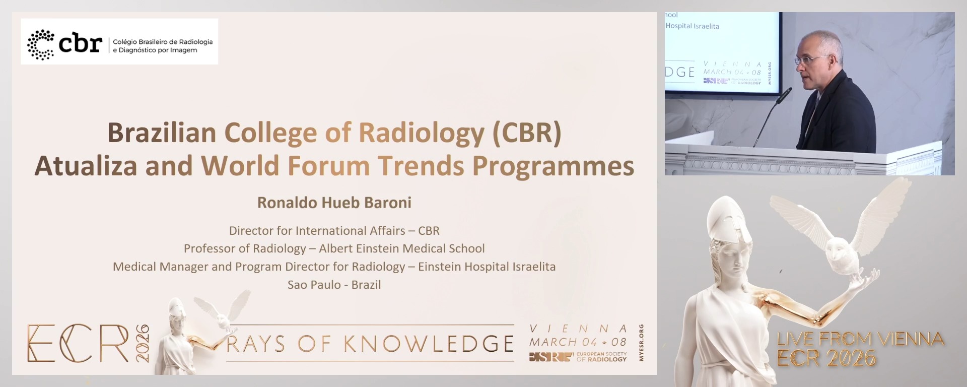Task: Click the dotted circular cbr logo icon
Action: click(40, 45)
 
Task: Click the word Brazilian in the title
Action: click(162, 133)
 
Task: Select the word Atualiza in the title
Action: click(86, 166)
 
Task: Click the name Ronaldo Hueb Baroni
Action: click(334, 203)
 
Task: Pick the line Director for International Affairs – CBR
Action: click(334, 231)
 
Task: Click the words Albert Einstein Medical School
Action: click(401, 248)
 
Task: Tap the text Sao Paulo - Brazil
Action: click(334, 285)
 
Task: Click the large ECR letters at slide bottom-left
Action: click(78, 344)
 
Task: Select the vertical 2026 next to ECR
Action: click(143, 343)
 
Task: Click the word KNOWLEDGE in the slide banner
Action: click(429, 344)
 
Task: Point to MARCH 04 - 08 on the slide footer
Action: click(578, 342)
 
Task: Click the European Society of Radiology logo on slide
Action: click(578, 357)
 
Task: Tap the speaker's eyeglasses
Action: click(808, 60)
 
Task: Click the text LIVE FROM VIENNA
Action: click(860, 339)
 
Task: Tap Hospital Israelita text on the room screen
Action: click(692, 26)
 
